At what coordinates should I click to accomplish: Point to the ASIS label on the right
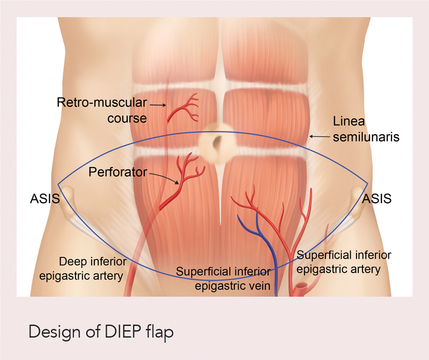coord(377,199)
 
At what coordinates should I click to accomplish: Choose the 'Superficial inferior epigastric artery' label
coord(344,262)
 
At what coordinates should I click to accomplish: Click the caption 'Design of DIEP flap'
coord(101,332)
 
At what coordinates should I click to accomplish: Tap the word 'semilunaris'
coord(366,137)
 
